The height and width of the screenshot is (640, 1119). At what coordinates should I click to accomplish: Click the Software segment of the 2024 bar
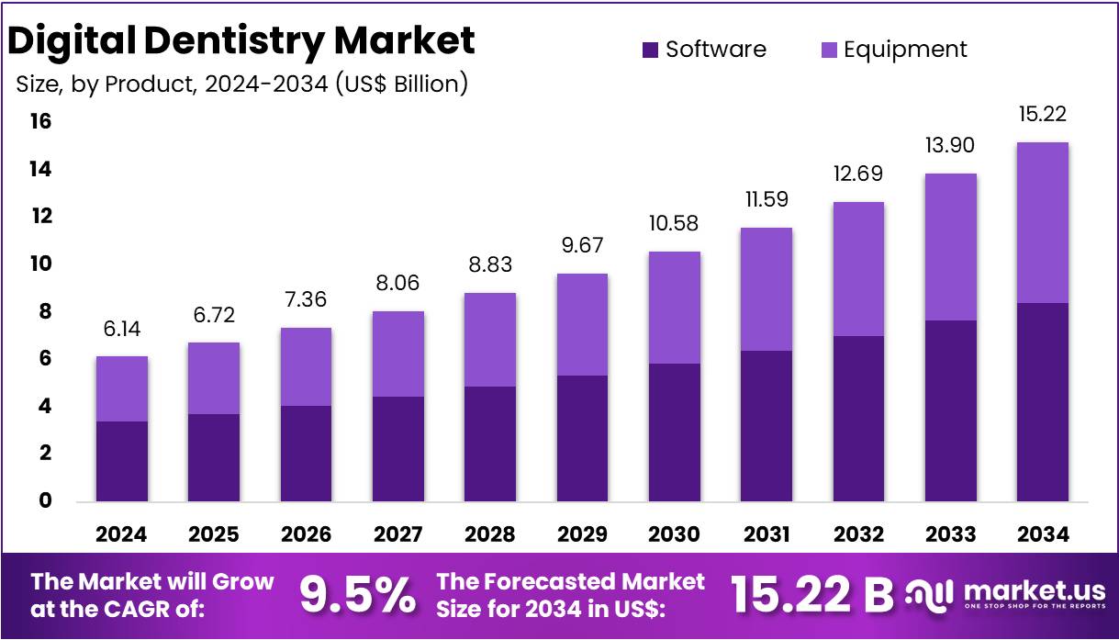click(x=122, y=461)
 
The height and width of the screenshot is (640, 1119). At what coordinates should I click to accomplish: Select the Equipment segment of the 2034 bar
click(x=1042, y=222)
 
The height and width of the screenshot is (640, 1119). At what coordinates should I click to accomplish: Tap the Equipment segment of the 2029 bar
click(x=582, y=324)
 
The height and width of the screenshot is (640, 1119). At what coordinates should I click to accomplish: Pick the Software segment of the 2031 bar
click(x=767, y=426)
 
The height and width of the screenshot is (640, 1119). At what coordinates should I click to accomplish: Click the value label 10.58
click(x=674, y=224)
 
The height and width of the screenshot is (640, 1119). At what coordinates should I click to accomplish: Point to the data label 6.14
click(x=122, y=330)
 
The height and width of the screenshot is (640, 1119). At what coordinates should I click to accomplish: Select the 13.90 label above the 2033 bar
click(x=950, y=146)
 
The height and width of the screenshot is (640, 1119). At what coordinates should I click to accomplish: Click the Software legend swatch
click(x=650, y=50)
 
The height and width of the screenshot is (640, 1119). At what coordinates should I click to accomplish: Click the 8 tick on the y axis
click(x=43, y=312)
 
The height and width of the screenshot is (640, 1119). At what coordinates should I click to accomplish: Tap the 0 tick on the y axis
click(x=43, y=501)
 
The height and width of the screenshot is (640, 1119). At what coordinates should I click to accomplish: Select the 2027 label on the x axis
click(x=398, y=534)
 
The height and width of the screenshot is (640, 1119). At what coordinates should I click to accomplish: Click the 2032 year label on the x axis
click(x=858, y=534)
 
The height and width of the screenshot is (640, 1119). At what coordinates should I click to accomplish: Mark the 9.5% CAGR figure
click(x=358, y=596)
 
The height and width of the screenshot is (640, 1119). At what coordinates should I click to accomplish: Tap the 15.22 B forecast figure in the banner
click(x=811, y=596)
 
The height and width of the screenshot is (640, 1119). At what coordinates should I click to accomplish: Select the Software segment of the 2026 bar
click(x=306, y=454)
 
